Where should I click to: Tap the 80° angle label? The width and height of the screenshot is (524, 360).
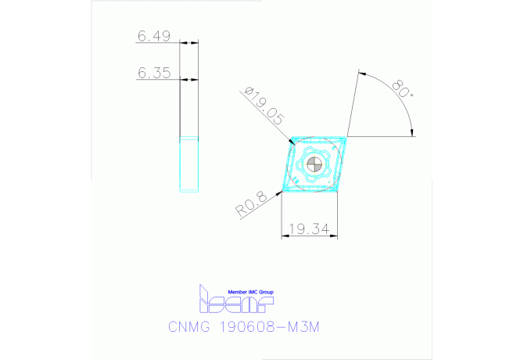pyautogui.click(x=404, y=88)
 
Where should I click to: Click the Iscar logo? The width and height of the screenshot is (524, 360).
pyautogui.click(x=235, y=299)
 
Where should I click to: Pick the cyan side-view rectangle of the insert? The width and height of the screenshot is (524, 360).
pyautogui.click(x=189, y=163)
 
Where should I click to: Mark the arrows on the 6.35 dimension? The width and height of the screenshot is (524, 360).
pyautogui.click(x=188, y=79)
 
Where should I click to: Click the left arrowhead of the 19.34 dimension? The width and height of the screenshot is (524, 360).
pyautogui.click(x=283, y=236)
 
